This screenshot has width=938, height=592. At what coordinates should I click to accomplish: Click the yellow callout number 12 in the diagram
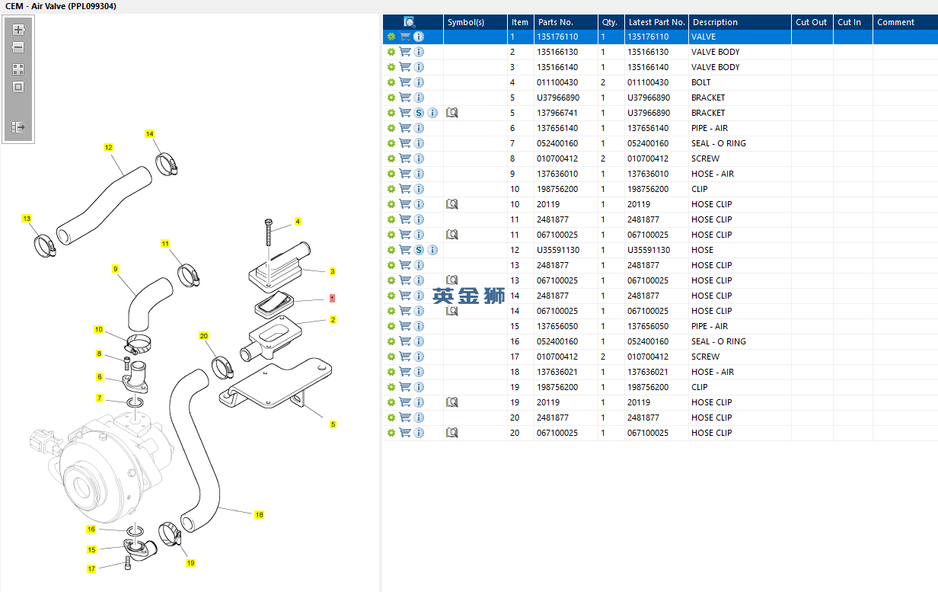pos(108,147)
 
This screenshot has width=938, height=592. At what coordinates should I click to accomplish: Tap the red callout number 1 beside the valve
pos(332,299)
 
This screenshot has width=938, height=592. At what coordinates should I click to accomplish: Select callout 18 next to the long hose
pos(259,514)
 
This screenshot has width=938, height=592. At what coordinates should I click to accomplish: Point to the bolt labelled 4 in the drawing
pos(269,232)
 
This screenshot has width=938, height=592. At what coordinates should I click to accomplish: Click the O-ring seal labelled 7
pos(135,402)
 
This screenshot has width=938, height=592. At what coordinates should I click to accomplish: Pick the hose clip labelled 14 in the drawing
pos(167,165)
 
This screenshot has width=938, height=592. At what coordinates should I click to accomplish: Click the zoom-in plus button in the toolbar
pos(18,29)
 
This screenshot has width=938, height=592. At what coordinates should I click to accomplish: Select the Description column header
pos(715,22)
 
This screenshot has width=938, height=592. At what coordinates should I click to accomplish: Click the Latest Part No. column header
pos(656,22)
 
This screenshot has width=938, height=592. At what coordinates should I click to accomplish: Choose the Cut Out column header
pos(811,22)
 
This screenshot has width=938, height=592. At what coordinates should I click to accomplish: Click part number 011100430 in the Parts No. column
pos(557,82)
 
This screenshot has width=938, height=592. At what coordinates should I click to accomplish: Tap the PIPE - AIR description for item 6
pos(710,128)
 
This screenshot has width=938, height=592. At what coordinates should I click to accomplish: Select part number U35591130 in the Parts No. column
pos(558,250)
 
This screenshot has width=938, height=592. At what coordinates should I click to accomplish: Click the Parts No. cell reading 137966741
pos(557,113)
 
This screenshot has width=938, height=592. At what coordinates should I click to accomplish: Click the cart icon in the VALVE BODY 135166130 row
pos(405,52)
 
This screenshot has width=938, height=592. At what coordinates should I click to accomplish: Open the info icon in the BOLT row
pos(419,82)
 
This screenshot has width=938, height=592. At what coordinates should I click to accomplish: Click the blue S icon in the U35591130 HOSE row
pos(419,250)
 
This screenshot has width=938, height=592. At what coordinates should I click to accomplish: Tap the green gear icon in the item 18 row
pos(391,372)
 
